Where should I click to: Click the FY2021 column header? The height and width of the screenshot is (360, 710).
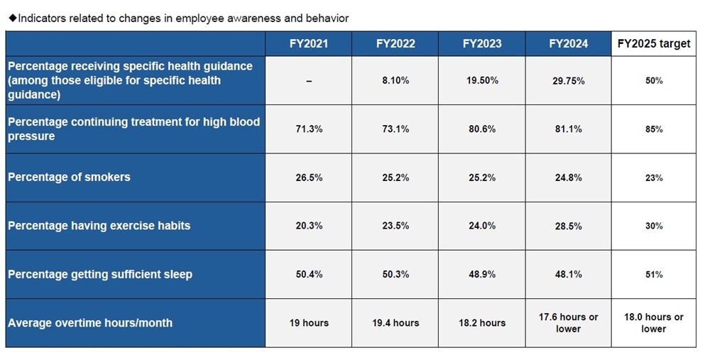pos(309,43)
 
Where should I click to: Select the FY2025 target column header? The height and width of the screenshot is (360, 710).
pos(654,43)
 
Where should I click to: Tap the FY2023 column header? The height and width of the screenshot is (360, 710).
pos(482,43)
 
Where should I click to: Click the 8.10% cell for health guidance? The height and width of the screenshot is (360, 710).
pos(395,81)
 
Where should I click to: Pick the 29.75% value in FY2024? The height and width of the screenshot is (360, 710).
pos(569,81)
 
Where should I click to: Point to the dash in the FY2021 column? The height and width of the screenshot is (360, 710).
pos(309,81)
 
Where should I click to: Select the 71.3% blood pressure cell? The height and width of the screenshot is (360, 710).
pos(309,129)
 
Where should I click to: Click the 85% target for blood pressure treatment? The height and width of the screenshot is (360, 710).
pos(654,129)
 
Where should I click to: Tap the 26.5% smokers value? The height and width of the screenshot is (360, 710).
pos(309,178)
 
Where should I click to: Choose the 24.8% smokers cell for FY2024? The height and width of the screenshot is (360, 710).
pos(569,178)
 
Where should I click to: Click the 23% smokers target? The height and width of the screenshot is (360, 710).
pos(654,178)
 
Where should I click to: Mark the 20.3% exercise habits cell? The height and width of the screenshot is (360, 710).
pos(309,226)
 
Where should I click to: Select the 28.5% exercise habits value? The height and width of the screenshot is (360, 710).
pos(569,226)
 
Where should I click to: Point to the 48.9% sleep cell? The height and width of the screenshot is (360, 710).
pos(482,274)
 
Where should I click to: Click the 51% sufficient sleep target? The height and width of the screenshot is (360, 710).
pos(654,274)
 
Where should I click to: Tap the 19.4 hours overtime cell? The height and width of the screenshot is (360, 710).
pos(395,322)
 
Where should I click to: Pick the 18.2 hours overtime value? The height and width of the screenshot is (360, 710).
pos(482,322)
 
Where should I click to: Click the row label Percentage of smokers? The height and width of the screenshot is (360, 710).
pos(70,178)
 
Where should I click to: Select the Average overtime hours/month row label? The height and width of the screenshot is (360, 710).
pos(90,322)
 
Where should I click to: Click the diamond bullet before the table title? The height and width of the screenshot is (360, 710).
pos(12,18)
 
